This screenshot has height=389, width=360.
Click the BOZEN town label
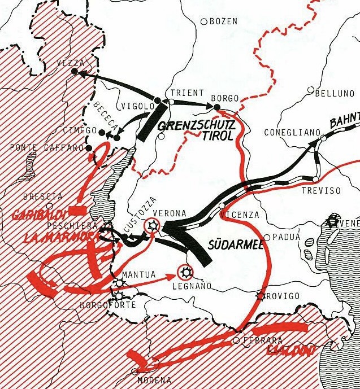[x=223, y=21]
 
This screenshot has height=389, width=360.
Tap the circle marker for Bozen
[x=204, y=21]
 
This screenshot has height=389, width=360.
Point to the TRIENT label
[x=183, y=93]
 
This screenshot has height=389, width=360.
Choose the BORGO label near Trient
[x=224, y=97]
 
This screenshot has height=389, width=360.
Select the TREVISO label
[x=321, y=191]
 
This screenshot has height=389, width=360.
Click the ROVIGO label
[x=283, y=296]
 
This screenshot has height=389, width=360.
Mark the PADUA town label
[x=286, y=237]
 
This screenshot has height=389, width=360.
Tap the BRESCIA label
[x=43, y=196]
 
